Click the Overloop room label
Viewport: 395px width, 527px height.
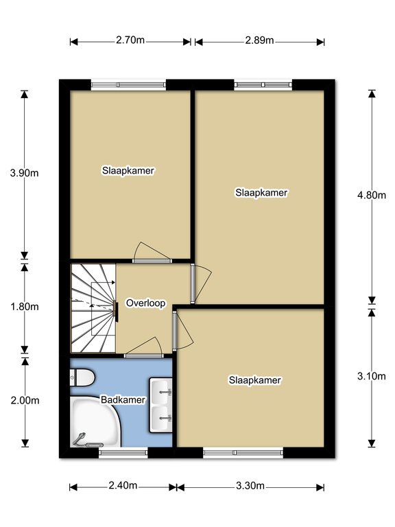tap(146, 303)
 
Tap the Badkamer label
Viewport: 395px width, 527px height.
tap(123, 400)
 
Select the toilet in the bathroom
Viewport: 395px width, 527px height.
tap(82, 377)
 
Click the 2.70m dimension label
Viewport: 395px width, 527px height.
tap(130, 40)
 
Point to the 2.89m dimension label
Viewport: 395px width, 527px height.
tap(259, 40)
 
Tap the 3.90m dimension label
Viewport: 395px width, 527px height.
tap(24, 173)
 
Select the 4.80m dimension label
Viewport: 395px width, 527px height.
tap(372, 195)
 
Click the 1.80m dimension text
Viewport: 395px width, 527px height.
tap(25, 307)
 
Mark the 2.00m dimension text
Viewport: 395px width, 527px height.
tap(25, 401)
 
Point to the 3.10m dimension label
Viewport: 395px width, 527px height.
tap(372, 377)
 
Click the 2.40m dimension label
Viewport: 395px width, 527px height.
tap(123, 486)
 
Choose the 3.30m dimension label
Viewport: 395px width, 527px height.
tap(250, 486)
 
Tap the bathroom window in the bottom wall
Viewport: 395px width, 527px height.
tap(123, 453)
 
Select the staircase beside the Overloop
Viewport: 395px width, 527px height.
tap(93, 308)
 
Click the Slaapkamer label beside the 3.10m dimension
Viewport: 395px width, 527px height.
tap(255, 380)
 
